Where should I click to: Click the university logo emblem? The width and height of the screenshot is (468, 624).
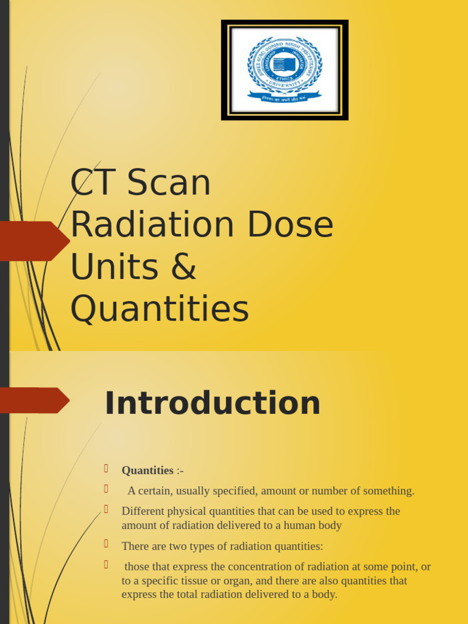click(285, 69)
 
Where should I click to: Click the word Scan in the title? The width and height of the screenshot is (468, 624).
click(169, 182)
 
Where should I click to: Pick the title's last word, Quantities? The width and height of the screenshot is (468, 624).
click(160, 308)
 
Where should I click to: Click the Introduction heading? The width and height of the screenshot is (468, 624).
click(212, 403)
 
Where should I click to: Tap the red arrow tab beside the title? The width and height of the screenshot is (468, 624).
click(34, 241)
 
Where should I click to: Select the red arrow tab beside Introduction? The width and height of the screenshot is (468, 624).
click(34, 400)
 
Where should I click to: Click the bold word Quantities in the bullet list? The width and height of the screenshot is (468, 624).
click(147, 470)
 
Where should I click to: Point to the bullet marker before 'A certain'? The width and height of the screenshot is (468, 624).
click(105, 489)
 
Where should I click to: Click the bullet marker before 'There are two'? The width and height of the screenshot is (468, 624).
click(105, 544)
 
